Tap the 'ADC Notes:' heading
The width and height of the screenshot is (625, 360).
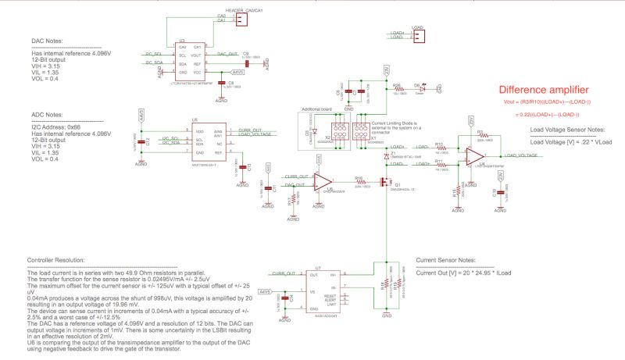point(48,113)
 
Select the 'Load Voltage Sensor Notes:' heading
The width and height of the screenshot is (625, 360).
point(566,130)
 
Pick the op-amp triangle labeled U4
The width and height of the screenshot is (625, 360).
point(473,154)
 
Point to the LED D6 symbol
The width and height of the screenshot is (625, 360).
point(419,89)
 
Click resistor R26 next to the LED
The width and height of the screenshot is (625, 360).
point(398,89)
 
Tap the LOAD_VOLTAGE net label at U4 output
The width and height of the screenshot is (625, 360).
point(522,155)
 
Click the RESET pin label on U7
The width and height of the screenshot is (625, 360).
point(331,296)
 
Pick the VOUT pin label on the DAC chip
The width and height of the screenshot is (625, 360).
point(195,55)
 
